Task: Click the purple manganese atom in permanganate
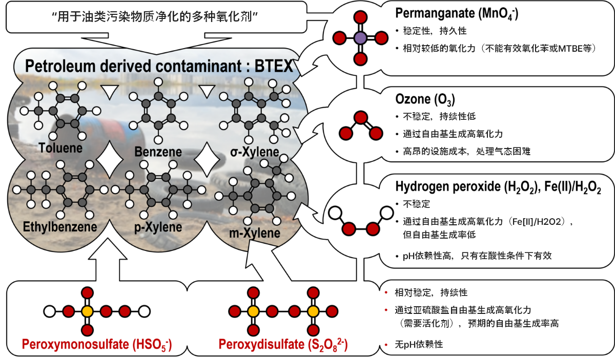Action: (x=360, y=38)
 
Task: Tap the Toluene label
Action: (x=60, y=148)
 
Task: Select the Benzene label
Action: (x=158, y=152)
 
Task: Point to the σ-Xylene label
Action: (x=255, y=152)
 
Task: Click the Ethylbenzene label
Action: (x=60, y=227)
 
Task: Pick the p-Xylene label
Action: (x=158, y=227)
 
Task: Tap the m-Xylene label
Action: (x=255, y=233)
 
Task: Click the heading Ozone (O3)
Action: (x=425, y=99)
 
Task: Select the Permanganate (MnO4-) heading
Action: (x=457, y=13)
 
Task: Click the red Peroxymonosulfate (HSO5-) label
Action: (x=97, y=345)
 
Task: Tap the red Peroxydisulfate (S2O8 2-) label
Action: (x=283, y=344)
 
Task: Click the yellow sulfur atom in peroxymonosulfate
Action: (x=87, y=312)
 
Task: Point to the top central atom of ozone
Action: (x=361, y=117)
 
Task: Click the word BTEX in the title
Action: (x=274, y=66)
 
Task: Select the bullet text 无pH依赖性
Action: (x=419, y=344)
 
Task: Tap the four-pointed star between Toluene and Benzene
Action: (x=110, y=159)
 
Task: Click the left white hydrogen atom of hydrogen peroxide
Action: (x=335, y=213)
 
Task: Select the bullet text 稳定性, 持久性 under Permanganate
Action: (x=435, y=31)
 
